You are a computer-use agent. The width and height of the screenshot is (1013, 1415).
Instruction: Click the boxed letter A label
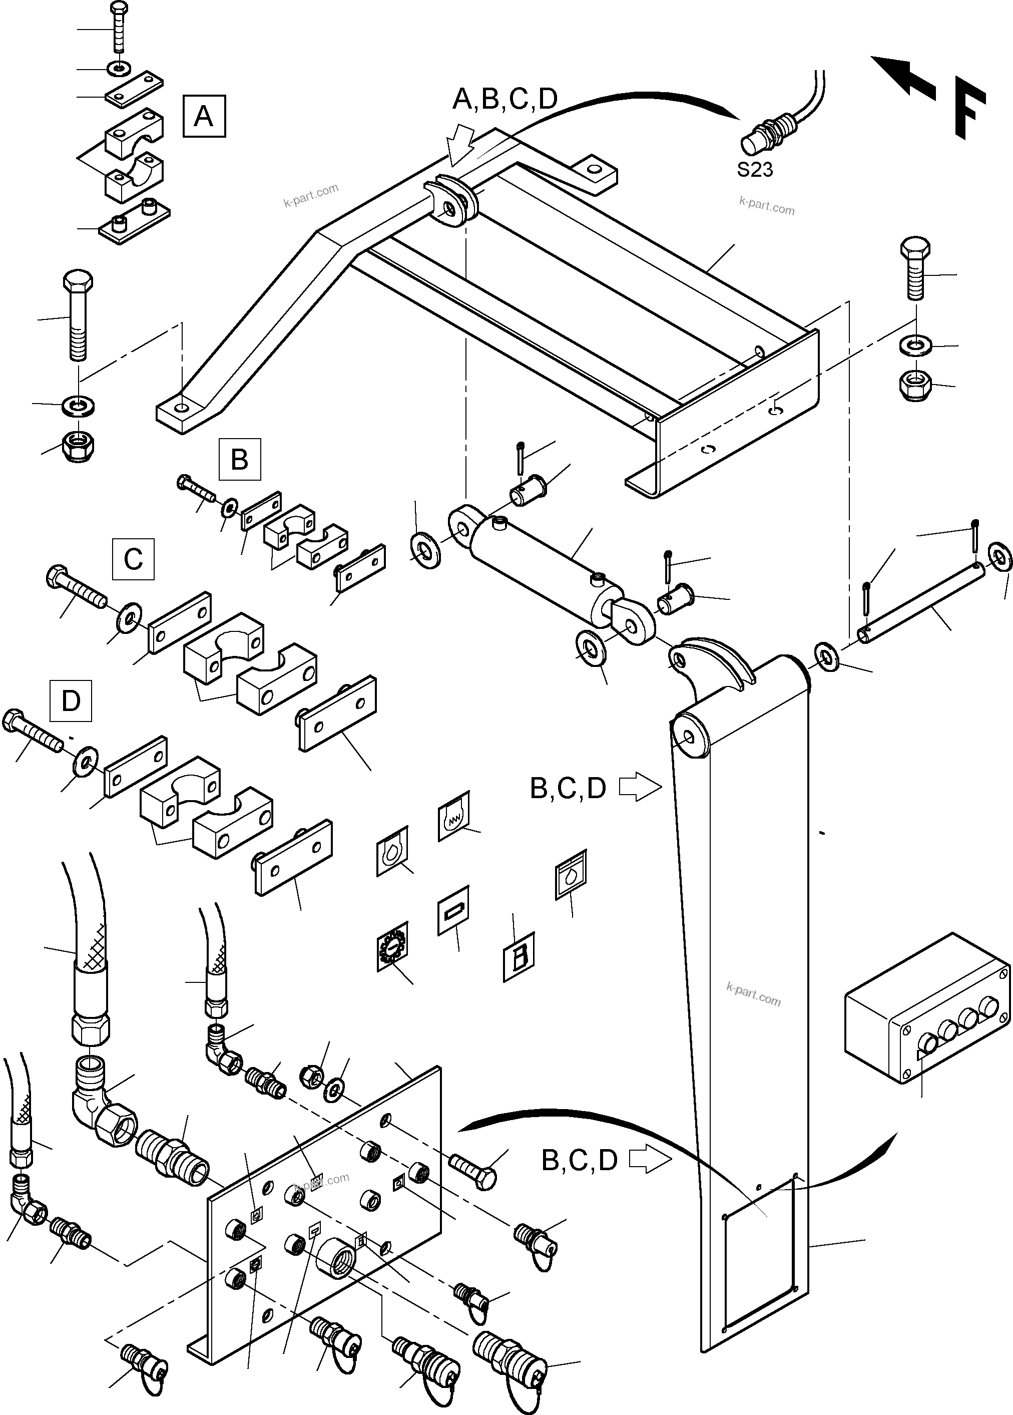point(204,116)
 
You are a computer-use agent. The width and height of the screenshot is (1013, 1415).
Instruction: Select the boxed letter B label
point(240,459)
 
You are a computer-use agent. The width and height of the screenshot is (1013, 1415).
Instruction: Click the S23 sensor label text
point(755,170)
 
